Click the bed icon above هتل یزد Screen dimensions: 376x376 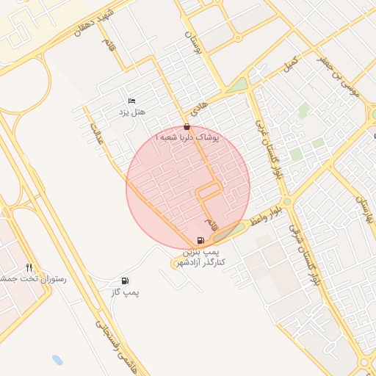(131, 101)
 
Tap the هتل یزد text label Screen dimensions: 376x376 (132, 112)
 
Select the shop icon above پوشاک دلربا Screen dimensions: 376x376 (187, 126)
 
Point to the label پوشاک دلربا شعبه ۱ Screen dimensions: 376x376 (187, 138)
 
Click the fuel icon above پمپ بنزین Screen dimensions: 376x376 (201, 241)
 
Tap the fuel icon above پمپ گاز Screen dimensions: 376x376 (125, 281)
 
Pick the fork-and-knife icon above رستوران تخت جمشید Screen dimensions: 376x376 (29, 267)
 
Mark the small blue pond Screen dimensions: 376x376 (57, 361)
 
